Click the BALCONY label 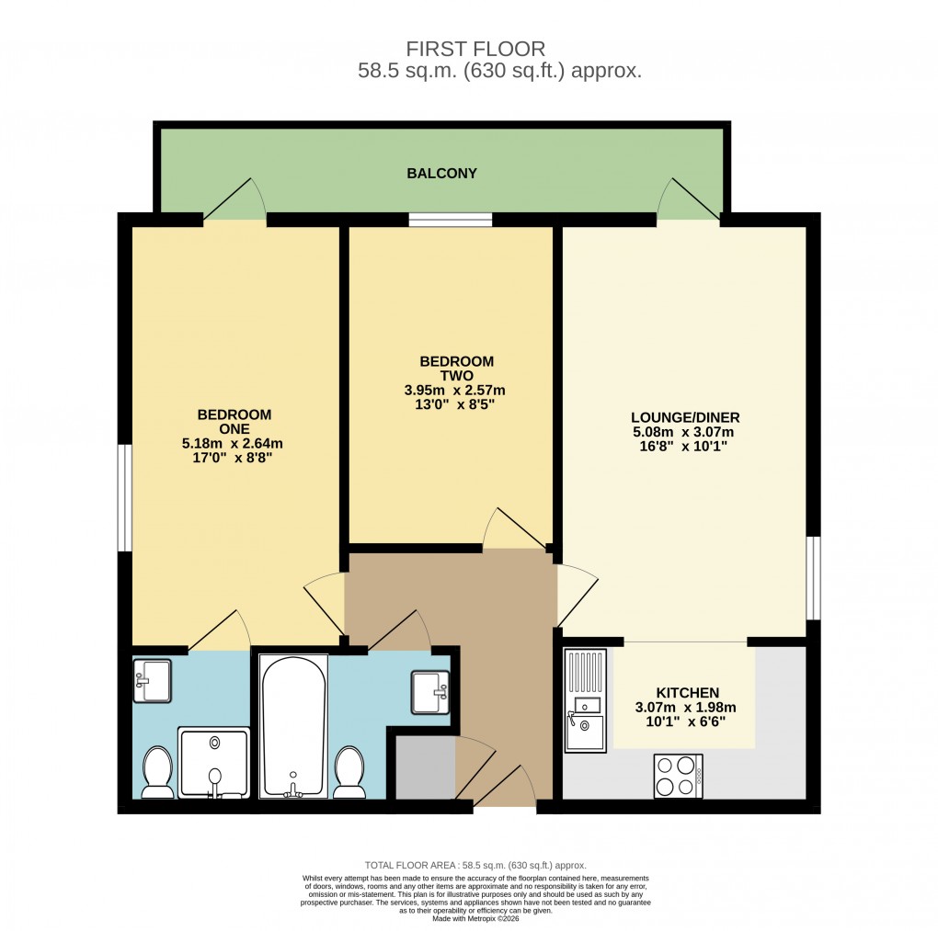[442, 173]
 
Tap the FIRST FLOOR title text [475, 49]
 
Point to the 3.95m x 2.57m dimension [456, 390]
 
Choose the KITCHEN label [687, 692]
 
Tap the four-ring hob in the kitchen [678, 776]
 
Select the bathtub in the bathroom [293, 726]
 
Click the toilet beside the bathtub [349, 772]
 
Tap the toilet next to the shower [157, 772]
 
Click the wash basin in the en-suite [152, 680]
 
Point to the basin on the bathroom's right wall [429, 691]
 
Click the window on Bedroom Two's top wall [450, 220]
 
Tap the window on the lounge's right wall [812, 579]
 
